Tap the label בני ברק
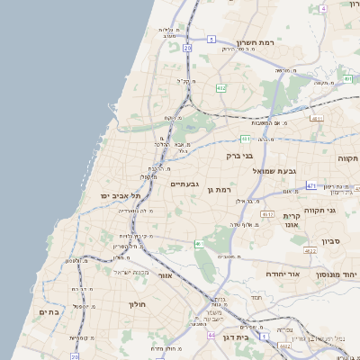point(241,155)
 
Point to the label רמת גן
point(219,190)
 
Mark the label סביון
point(330,241)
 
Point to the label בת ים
point(49,311)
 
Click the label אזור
point(164,275)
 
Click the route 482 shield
point(220,88)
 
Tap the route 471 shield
point(310,186)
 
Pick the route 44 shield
point(211,335)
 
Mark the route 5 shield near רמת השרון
point(211,40)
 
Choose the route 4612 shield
point(267,214)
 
